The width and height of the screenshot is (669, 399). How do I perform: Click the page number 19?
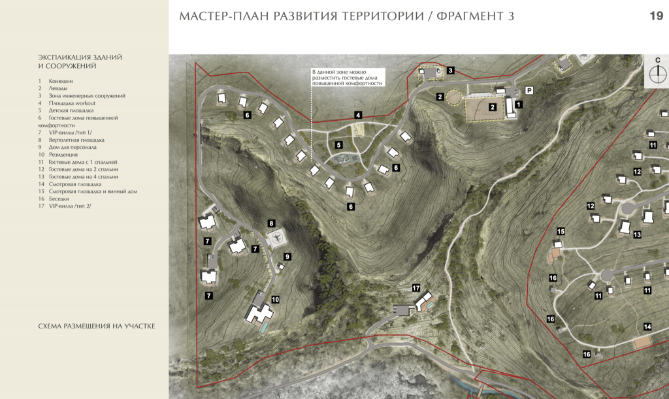[656, 16]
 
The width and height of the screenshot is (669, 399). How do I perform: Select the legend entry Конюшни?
[61, 81]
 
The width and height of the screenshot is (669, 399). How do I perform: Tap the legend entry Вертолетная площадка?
[76, 140]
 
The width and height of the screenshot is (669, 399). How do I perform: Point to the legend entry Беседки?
[59, 199]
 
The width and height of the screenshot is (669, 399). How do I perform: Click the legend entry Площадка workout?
[72, 103]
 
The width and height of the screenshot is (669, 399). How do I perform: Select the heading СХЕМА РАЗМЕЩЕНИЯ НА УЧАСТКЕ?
[97, 326]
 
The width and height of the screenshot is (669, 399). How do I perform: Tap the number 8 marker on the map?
[271, 223]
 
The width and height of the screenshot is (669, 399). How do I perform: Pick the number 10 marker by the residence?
[275, 300]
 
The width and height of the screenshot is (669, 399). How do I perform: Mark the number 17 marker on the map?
[416, 288]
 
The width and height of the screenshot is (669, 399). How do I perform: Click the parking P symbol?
[529, 90]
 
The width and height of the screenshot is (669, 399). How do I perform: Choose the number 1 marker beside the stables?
[518, 104]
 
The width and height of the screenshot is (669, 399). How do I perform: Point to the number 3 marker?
[451, 71]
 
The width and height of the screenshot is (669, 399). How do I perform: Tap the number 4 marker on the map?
[358, 115]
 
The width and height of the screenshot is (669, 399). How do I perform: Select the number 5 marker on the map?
[339, 145]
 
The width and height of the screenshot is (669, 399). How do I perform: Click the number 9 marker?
[287, 257]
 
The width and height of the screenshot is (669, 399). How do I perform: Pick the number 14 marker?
[647, 327]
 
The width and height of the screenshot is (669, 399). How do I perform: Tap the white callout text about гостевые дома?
[348, 78]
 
